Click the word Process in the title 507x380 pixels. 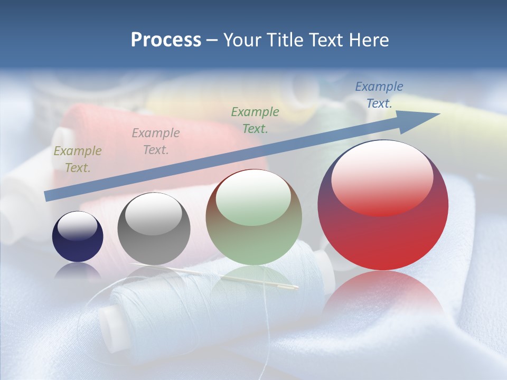(166, 40)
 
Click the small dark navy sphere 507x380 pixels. (78, 237)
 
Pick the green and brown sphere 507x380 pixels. (253, 217)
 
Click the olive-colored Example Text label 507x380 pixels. (77, 159)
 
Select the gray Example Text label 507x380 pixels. (155, 141)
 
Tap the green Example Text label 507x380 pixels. (255, 120)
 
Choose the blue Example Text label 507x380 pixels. (379, 95)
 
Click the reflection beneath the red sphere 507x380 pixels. (382, 296)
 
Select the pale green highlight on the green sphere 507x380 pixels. (253, 199)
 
